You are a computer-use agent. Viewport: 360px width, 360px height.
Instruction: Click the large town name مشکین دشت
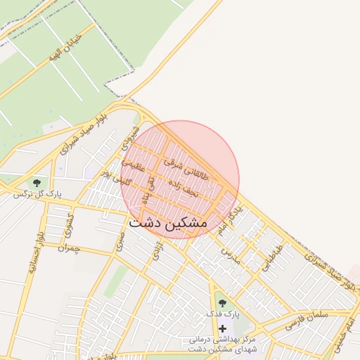point(168,222)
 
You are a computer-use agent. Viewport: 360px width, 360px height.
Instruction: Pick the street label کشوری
point(69,224)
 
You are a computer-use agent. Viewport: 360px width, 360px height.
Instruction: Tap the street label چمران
point(70,248)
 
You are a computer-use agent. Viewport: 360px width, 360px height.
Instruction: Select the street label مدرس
point(230,255)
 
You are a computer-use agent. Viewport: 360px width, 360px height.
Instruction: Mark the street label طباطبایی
point(272,258)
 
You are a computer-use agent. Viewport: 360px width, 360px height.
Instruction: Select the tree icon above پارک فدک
point(223,302)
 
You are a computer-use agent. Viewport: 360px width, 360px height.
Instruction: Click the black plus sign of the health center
point(223,328)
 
